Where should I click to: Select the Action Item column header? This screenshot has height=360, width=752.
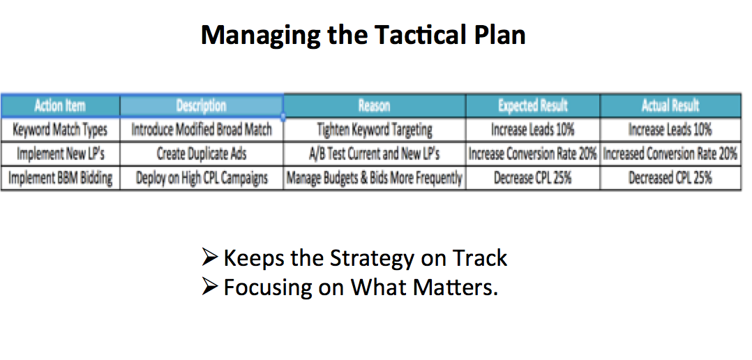coord(60,105)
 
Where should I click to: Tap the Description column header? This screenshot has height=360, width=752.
coord(202,105)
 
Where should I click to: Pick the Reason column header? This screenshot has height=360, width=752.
coord(374,105)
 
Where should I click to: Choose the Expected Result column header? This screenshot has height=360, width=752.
coord(533,105)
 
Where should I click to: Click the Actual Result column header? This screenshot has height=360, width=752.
coord(670,105)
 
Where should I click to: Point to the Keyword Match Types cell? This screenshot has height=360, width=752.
coord(60,130)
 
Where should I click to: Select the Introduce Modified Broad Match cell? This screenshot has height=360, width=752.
coord(202,130)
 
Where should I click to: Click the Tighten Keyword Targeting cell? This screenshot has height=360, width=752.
coord(375,130)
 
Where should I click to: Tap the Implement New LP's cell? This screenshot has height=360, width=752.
coord(60,154)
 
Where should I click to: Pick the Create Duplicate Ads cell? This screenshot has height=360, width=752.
coord(202,154)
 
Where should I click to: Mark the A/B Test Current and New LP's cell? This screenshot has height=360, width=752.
coord(375,154)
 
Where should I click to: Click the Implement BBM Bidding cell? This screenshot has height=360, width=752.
coord(60,179)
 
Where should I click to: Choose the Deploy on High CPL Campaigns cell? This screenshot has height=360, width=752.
coord(202,179)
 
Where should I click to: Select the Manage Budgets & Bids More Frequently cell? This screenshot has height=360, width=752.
coord(375,179)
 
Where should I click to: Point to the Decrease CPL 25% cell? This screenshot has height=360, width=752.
coord(533,179)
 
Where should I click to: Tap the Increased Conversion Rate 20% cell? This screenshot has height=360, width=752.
coord(670,154)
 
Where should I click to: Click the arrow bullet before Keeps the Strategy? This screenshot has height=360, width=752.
coord(211,258)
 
